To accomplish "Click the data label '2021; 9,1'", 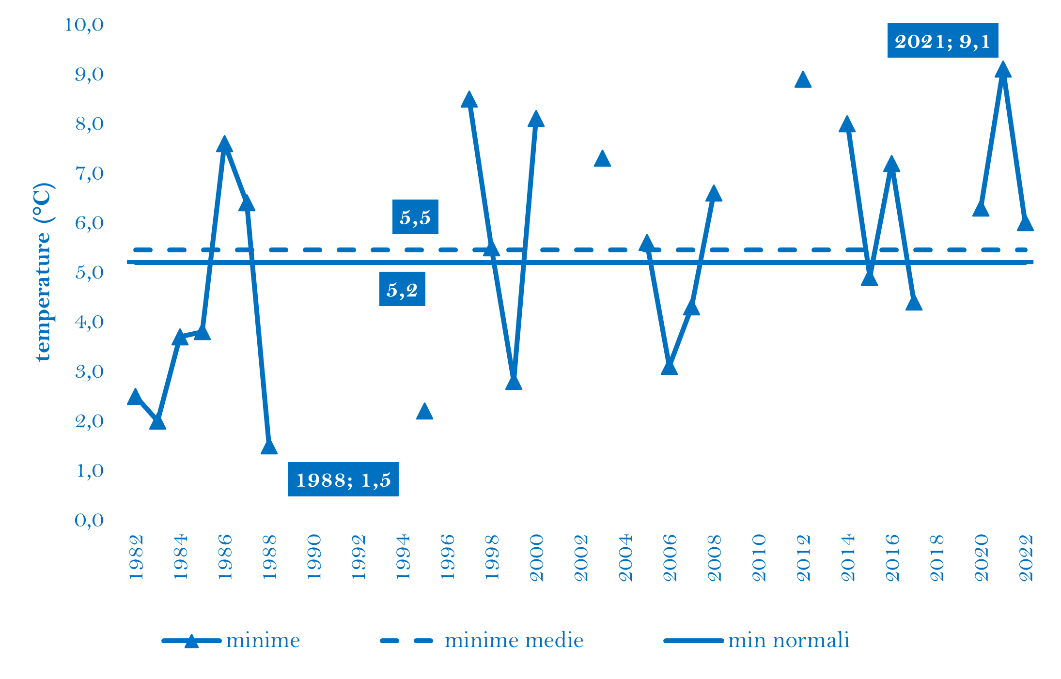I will click(942, 41).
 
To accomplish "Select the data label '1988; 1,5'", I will click(343, 479).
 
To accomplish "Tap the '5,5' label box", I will click(415, 217).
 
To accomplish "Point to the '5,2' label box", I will click(402, 289).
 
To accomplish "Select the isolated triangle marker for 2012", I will click(803, 80).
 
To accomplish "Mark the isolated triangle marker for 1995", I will click(424, 412).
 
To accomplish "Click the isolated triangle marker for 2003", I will click(602, 159).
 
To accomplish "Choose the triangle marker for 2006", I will click(669, 368).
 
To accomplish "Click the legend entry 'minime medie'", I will click(514, 641).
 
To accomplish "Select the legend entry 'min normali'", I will click(788, 641).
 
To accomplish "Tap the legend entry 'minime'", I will click(263, 641).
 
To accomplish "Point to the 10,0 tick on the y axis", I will click(84, 24).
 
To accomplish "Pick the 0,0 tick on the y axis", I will click(89, 520).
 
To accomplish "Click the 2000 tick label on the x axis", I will click(536, 557).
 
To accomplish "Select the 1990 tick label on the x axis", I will click(314, 557).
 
